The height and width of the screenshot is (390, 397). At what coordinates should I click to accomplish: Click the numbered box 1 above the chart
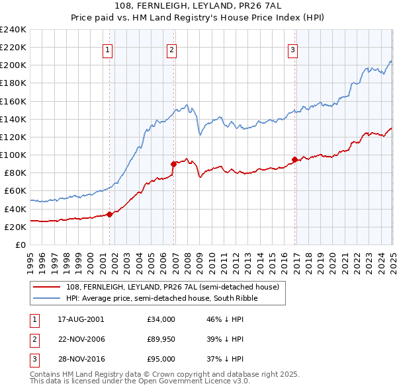click(x=107, y=48)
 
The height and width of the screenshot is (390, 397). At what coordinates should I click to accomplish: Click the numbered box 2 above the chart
click(x=171, y=48)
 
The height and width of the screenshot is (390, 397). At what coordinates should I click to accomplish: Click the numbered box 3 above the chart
click(x=292, y=48)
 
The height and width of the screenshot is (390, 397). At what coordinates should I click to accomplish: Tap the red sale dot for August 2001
click(x=109, y=214)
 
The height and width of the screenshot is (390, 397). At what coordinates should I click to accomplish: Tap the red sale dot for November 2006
click(x=173, y=163)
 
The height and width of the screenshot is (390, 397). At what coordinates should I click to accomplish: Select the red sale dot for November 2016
click(x=294, y=159)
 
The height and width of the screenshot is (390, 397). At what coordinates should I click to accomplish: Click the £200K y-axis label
click(x=13, y=65)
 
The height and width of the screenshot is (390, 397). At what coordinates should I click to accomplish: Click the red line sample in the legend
click(x=47, y=287)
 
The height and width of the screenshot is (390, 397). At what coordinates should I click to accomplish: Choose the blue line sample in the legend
click(x=47, y=298)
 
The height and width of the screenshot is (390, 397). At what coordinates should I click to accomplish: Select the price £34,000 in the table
click(x=161, y=319)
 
